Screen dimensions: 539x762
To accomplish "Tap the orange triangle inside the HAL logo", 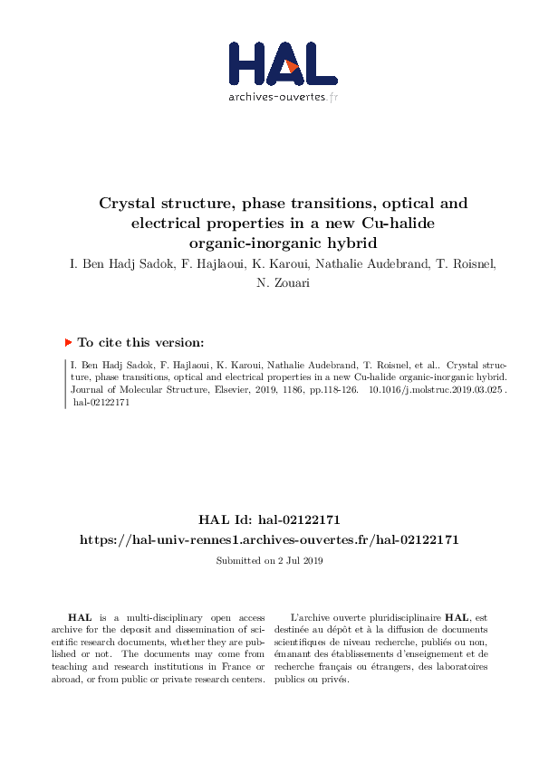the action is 291,66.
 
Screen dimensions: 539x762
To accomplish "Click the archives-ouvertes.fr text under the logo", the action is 284,96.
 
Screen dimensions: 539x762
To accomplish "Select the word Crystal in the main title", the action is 128,203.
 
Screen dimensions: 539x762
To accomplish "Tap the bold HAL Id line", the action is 269,519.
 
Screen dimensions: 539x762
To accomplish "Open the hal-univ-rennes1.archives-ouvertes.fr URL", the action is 269,539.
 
